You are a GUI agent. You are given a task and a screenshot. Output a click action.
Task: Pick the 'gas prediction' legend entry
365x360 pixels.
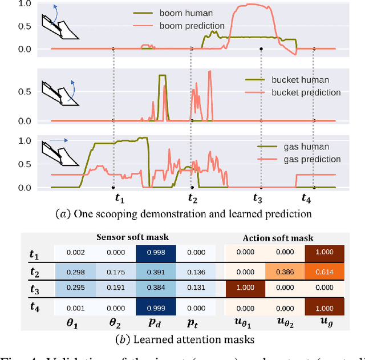coord(292,159)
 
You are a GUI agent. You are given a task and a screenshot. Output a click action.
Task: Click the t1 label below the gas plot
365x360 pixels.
coord(120,199)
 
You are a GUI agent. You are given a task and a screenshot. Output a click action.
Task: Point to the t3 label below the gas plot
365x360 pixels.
coord(258,199)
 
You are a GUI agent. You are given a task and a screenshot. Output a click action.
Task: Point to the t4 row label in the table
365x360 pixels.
coord(34,308)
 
